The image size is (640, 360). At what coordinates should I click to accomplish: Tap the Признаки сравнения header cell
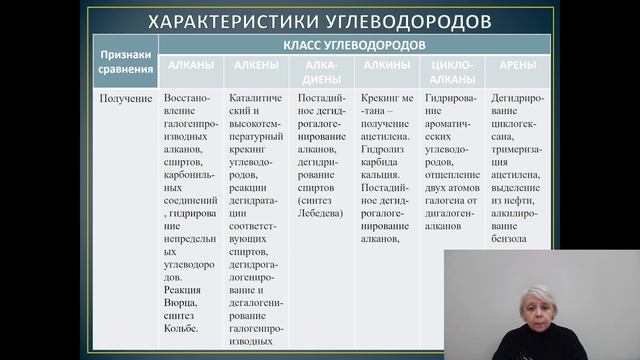tap(126, 62)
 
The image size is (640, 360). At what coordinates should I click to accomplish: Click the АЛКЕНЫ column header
tap(257, 64)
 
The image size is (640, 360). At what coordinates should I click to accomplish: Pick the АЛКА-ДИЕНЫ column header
tap(322, 70)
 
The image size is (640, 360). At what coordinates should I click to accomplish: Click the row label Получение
tap(126, 99)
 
